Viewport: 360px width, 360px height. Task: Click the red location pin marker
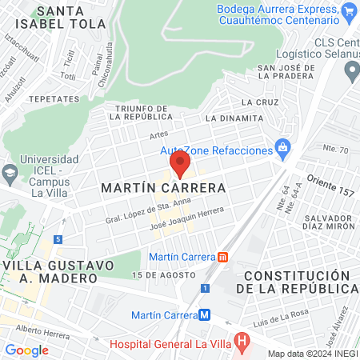[x=180, y=164]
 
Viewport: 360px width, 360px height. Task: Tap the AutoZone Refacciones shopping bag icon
[x=282, y=148]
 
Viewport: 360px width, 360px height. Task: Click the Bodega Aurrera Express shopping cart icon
[x=348, y=13]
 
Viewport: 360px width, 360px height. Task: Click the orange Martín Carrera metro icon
[x=222, y=257]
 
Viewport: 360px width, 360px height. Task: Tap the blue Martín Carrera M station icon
[x=205, y=314]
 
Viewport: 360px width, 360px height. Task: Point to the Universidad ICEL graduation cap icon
[x=10, y=171]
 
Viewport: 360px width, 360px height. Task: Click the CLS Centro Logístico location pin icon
[x=350, y=71]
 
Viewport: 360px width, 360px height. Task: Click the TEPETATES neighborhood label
[x=54, y=98]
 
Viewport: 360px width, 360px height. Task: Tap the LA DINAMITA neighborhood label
[x=234, y=118]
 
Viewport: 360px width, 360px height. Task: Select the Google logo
[x=26, y=350]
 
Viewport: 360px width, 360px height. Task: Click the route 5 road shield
[x=58, y=239]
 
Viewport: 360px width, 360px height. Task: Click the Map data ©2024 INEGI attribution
[x=312, y=354]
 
